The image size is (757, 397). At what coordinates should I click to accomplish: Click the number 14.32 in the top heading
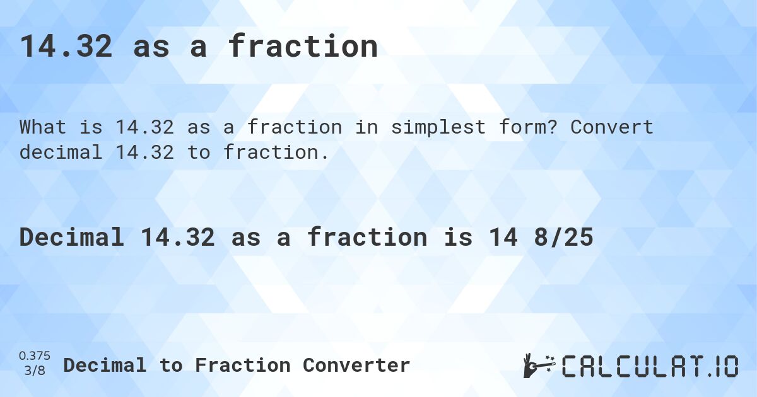[x=66, y=47]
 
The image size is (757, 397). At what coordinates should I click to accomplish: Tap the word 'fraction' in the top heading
[x=303, y=47]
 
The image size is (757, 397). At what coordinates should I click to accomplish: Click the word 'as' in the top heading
[x=151, y=47]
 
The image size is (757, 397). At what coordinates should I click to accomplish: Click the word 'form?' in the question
[x=534, y=127]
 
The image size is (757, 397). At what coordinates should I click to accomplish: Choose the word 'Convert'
[x=612, y=127]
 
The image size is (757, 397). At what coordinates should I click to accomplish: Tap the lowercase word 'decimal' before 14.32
[x=61, y=152]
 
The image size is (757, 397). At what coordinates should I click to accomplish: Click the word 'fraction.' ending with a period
[x=276, y=152]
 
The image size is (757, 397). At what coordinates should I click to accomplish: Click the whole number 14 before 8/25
[x=502, y=238]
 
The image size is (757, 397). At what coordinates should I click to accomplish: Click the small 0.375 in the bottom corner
[x=35, y=357]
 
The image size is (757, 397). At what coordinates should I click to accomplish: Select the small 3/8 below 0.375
[x=35, y=371]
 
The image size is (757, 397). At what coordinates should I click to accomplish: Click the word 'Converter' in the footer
[x=356, y=365]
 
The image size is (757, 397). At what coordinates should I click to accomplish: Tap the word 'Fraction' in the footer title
[x=242, y=365]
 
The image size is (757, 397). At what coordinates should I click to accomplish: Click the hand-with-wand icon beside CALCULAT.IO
[x=538, y=365]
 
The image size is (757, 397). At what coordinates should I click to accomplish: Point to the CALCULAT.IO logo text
[x=650, y=365]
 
